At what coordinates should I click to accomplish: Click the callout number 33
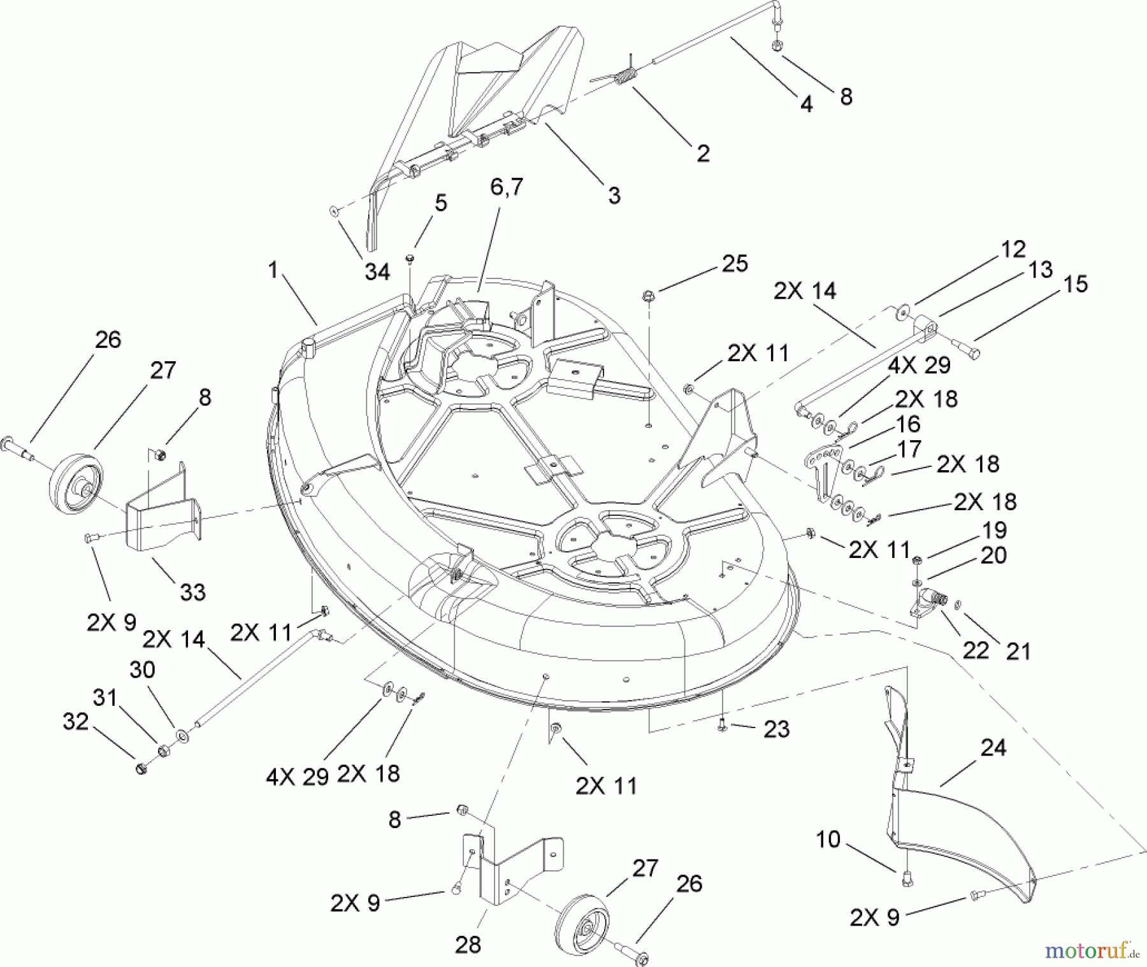pos(192,592)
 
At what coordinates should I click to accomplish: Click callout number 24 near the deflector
pos(993,747)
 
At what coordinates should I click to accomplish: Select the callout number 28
pos(468,944)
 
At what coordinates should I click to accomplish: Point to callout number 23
pos(776,729)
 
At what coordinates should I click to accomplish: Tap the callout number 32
pos(75,722)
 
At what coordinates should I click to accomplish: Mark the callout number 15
pos(1076,284)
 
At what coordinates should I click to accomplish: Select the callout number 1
pos(273,271)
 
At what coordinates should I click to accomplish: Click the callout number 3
pos(614,195)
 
